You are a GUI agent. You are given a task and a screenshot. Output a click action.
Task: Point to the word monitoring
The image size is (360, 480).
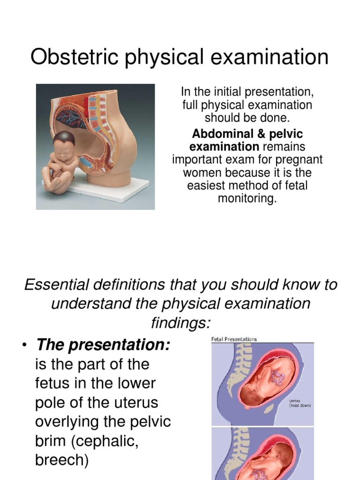[247, 198]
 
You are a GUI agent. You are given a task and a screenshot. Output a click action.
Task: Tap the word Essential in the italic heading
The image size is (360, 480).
[56, 285]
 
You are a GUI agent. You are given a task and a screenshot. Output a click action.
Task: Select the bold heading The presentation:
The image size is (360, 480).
[103, 345]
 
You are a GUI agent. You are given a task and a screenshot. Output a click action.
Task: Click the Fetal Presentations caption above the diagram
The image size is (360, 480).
[234, 339]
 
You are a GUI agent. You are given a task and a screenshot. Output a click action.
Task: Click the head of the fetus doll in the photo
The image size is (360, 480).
[64, 143]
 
